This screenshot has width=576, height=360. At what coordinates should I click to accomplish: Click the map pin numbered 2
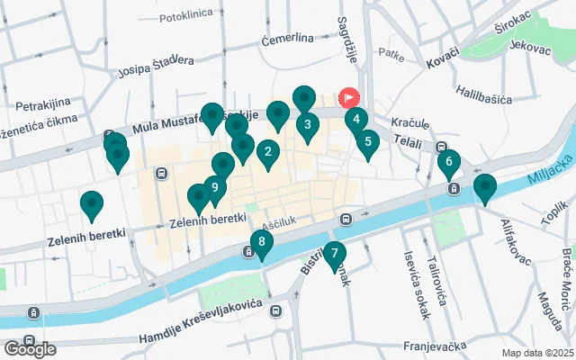click(267, 153)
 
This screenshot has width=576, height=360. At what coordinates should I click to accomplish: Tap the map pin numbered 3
click(308, 125)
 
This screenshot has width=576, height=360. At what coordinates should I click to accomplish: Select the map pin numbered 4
click(356, 119)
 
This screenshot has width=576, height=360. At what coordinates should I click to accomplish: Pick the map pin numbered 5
click(367, 141)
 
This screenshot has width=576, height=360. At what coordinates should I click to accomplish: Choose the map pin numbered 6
click(448, 162)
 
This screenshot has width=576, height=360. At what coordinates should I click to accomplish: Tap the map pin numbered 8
click(261, 242)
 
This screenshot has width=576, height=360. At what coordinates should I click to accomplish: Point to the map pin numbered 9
click(214, 188)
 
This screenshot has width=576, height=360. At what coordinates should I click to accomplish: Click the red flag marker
click(348, 97)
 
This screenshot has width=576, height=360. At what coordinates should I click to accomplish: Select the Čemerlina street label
click(287, 39)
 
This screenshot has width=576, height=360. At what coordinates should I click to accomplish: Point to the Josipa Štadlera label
click(155, 61)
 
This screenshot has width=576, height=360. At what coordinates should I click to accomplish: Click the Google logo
click(31, 349)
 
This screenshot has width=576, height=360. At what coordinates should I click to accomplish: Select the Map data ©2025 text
click(537, 353)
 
